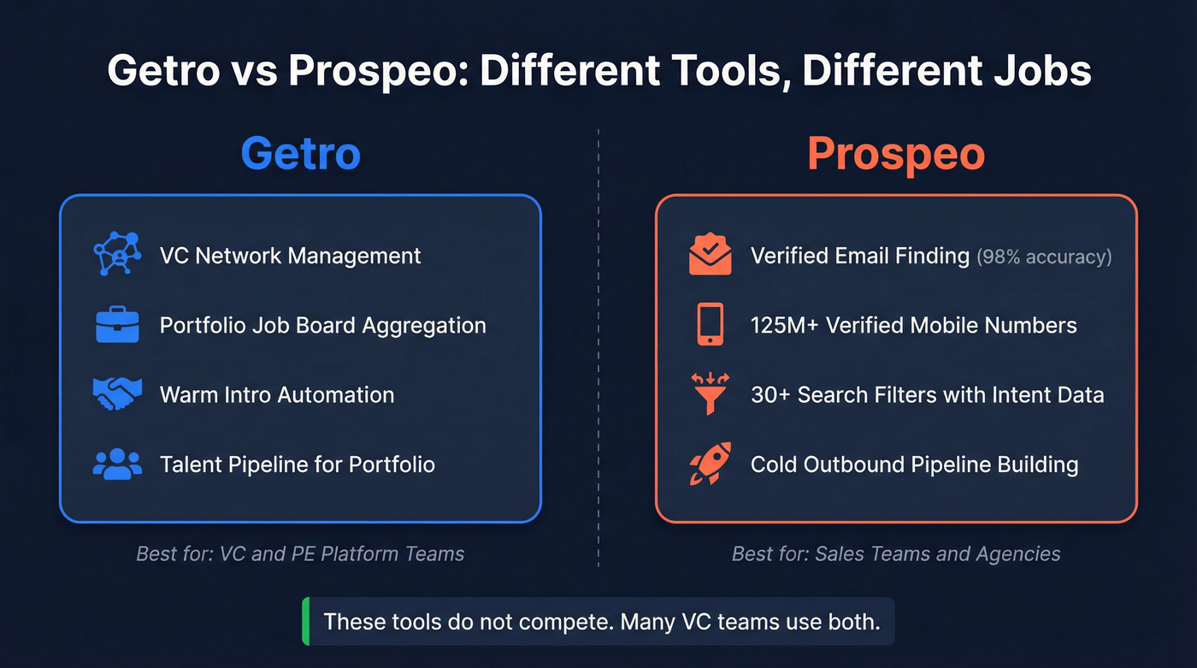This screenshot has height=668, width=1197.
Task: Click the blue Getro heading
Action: point(300,154)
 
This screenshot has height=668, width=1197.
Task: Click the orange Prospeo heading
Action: point(896,154)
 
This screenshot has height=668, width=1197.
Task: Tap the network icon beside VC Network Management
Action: point(116,255)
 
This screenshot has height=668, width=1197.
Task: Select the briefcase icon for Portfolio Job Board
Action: point(117,325)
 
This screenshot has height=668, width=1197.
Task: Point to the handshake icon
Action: point(117,394)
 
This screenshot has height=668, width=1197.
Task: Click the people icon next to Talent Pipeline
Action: point(117,464)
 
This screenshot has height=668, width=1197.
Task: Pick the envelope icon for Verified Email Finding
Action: point(710,255)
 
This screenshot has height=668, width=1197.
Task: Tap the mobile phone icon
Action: point(710,325)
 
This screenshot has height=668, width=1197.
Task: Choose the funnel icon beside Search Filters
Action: point(710,394)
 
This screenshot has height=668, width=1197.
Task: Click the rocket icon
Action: point(710,464)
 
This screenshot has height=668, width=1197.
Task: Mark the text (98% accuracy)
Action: point(1044,256)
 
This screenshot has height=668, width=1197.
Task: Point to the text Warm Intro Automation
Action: point(277,394)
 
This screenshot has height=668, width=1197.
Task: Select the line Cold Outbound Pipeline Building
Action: point(914,464)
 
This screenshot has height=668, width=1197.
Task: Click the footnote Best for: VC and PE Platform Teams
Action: point(300,553)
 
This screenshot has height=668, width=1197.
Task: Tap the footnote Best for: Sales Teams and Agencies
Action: point(896,553)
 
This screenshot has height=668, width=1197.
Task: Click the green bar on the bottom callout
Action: point(305,621)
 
